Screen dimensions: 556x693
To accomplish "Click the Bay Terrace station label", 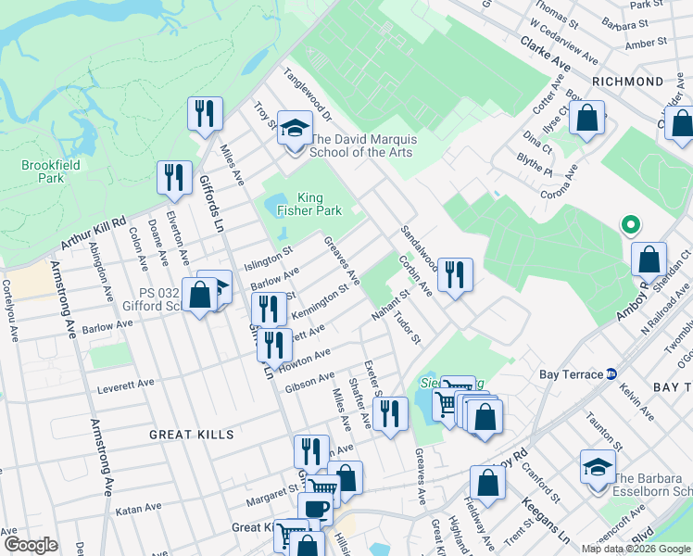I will click(x=572, y=375).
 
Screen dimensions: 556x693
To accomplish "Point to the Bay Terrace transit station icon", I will click(x=611, y=374).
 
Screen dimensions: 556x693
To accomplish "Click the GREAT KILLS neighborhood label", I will click(x=193, y=434).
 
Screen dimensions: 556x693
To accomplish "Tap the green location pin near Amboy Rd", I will click(x=629, y=224).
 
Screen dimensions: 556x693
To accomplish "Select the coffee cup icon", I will click(x=315, y=509).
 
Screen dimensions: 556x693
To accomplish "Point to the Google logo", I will click(x=31, y=544).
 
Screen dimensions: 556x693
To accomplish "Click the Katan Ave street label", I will click(x=138, y=511).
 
